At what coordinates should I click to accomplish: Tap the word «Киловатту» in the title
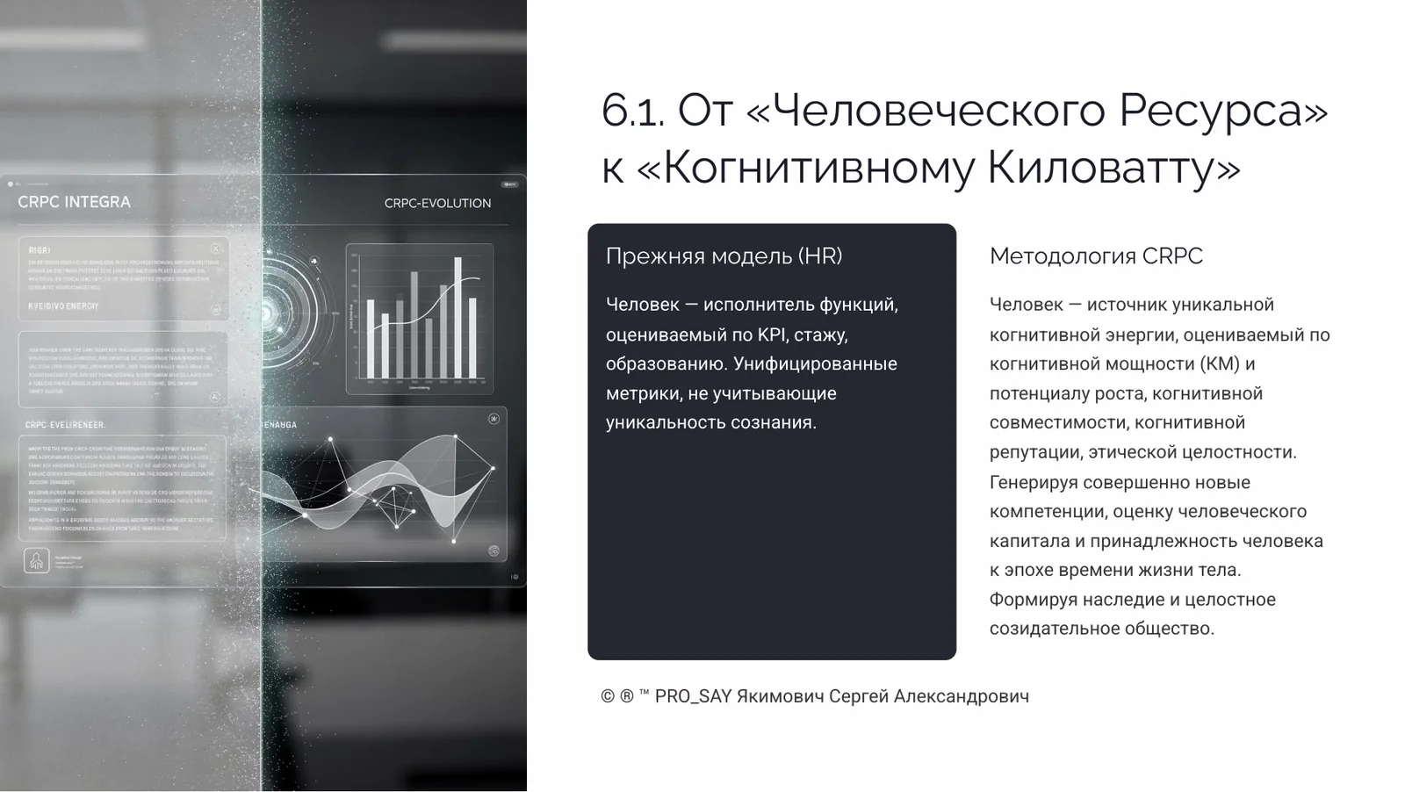pos(1113,167)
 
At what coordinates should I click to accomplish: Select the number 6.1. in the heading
pos(632,111)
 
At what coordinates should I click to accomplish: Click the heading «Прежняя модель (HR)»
pos(724,256)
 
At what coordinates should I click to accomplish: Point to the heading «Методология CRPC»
pos(1096,256)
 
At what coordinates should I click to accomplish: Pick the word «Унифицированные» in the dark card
pos(815,364)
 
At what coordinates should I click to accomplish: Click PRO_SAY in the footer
pos(693,696)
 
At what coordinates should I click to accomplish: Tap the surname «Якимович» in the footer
pos(780,696)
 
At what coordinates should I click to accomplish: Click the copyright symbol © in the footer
pos(608,696)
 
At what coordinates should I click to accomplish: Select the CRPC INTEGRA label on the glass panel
pos(74,202)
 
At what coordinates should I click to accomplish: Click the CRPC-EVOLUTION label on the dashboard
pos(437,203)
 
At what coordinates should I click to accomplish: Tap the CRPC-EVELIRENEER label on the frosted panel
pos(65,425)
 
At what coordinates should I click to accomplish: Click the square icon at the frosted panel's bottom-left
pos(36,560)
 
